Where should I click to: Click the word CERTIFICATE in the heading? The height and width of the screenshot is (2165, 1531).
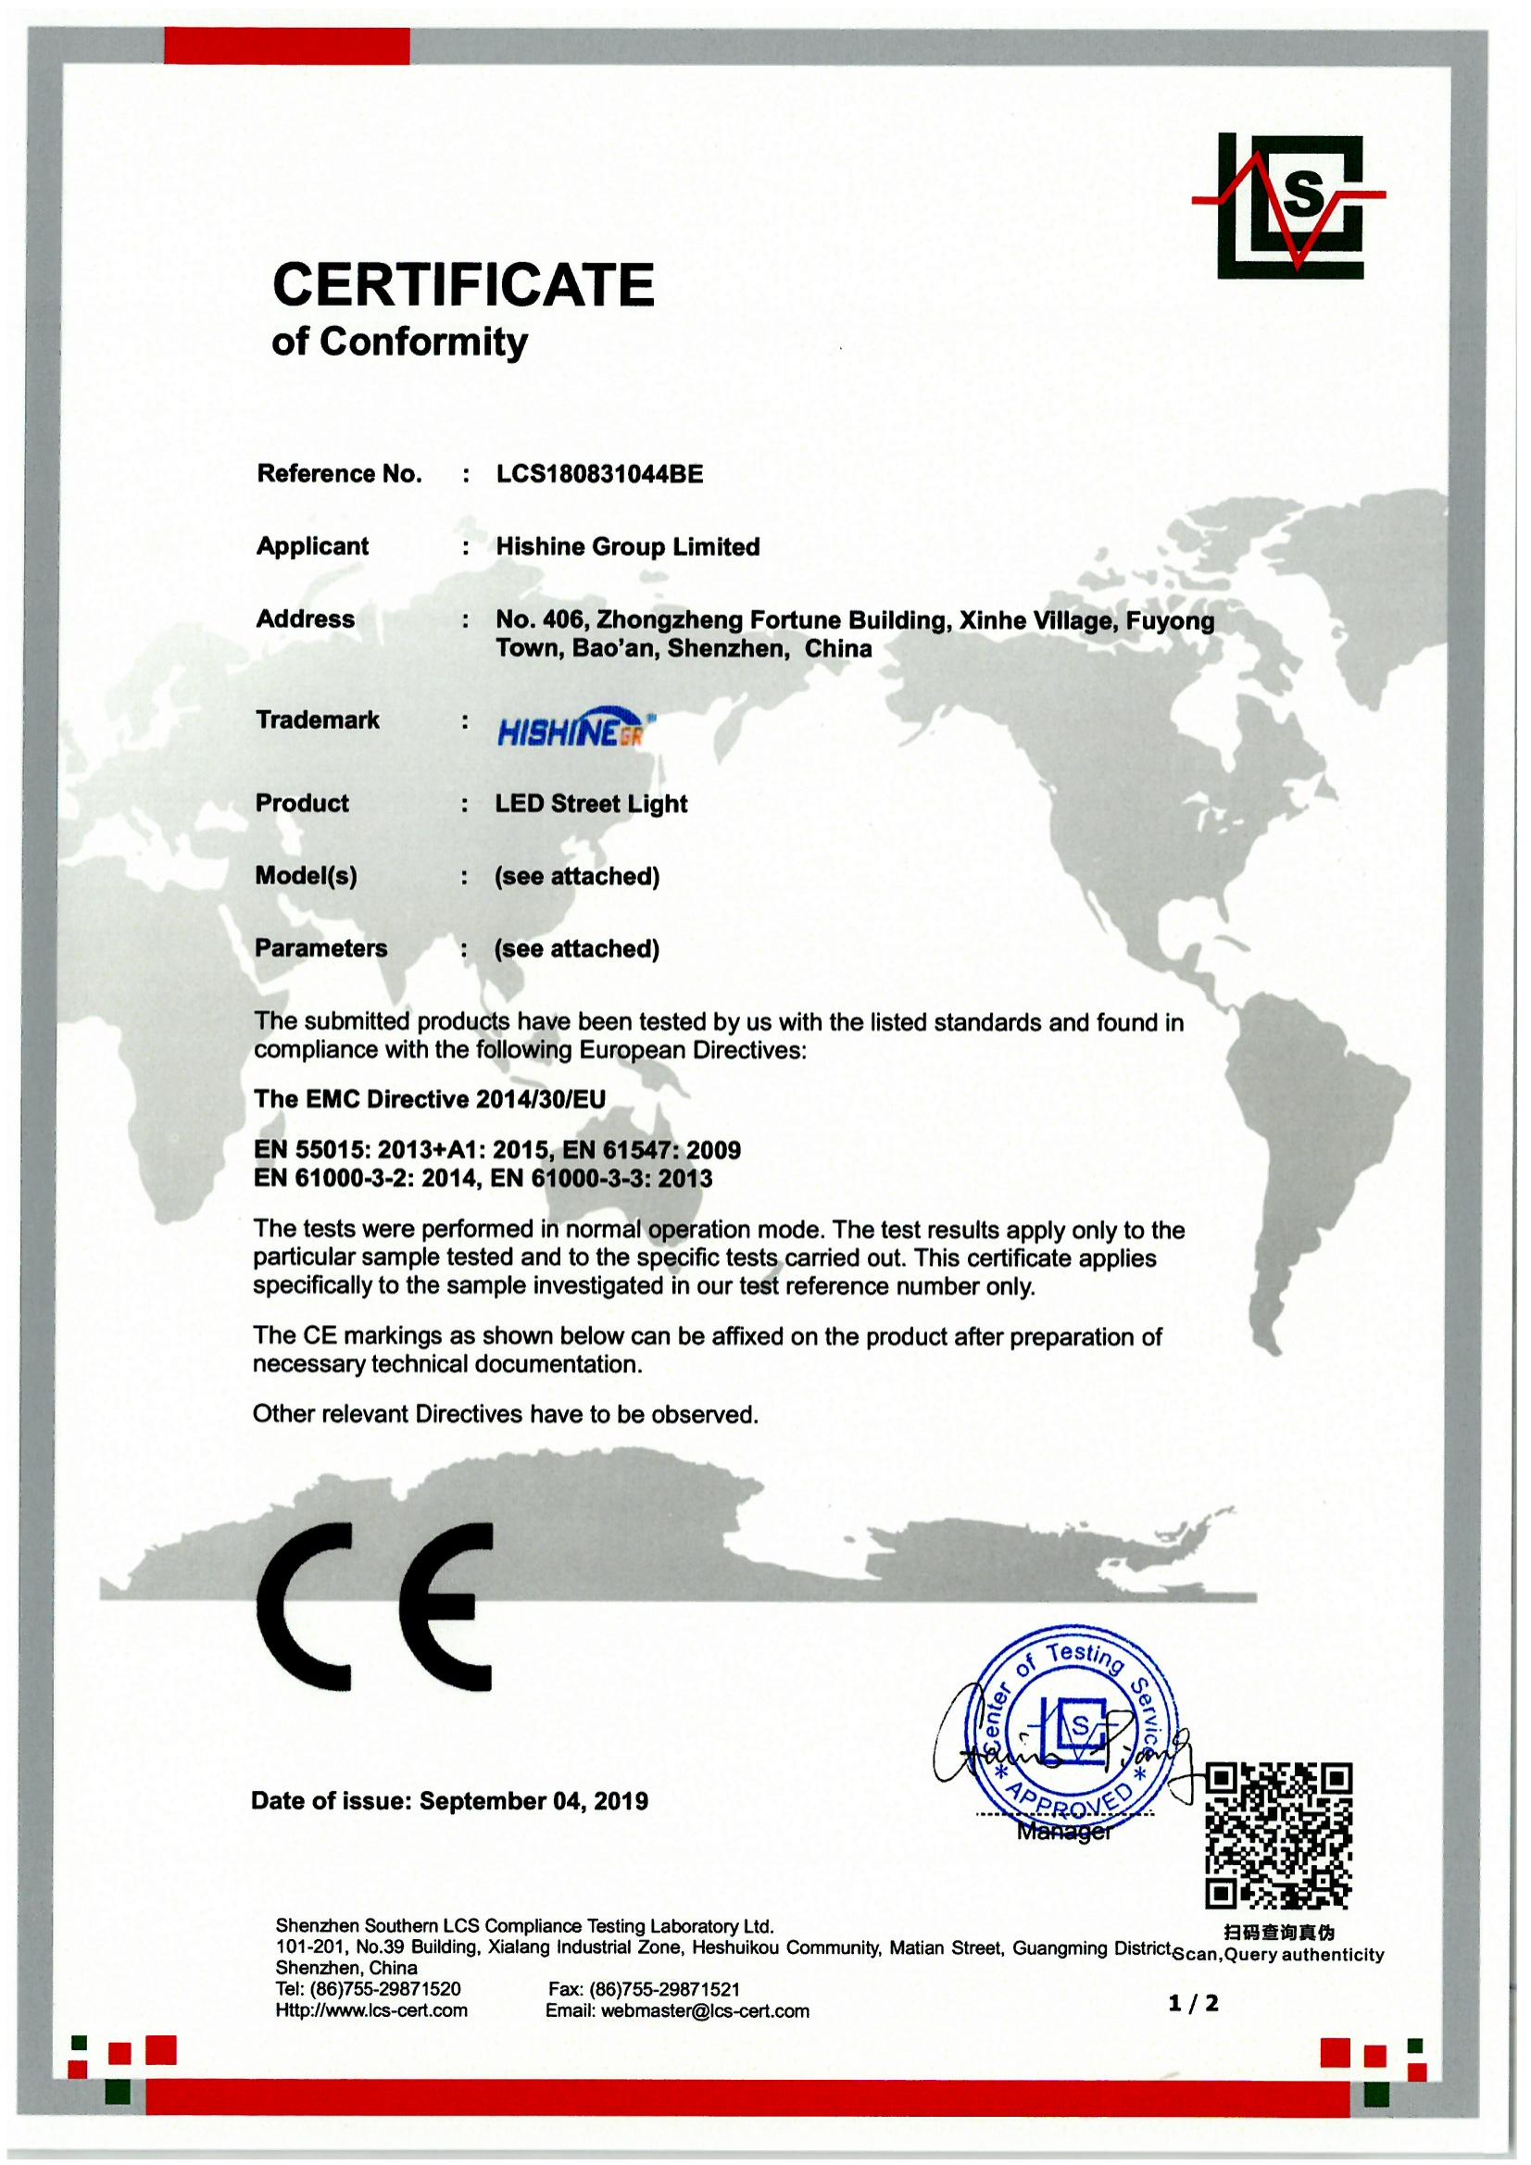(x=463, y=285)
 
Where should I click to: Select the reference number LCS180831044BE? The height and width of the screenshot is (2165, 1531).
(x=599, y=473)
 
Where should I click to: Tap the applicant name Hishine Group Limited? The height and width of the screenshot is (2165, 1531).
(x=627, y=547)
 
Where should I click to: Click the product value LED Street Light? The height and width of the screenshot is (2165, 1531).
(x=592, y=804)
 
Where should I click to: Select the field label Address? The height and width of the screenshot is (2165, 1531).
(x=306, y=619)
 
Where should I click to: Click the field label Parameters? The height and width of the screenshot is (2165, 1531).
(x=320, y=947)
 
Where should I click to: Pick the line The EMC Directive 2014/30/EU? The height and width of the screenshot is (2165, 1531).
(x=429, y=1098)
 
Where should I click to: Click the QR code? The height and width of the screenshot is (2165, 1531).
(x=1278, y=1836)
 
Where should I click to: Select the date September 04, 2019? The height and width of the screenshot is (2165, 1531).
(x=533, y=1801)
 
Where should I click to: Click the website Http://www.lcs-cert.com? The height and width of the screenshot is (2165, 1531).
(x=371, y=2009)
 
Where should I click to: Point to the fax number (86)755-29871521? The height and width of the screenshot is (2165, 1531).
(x=664, y=1989)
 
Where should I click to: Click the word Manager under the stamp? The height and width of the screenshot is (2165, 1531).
(x=1064, y=1832)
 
